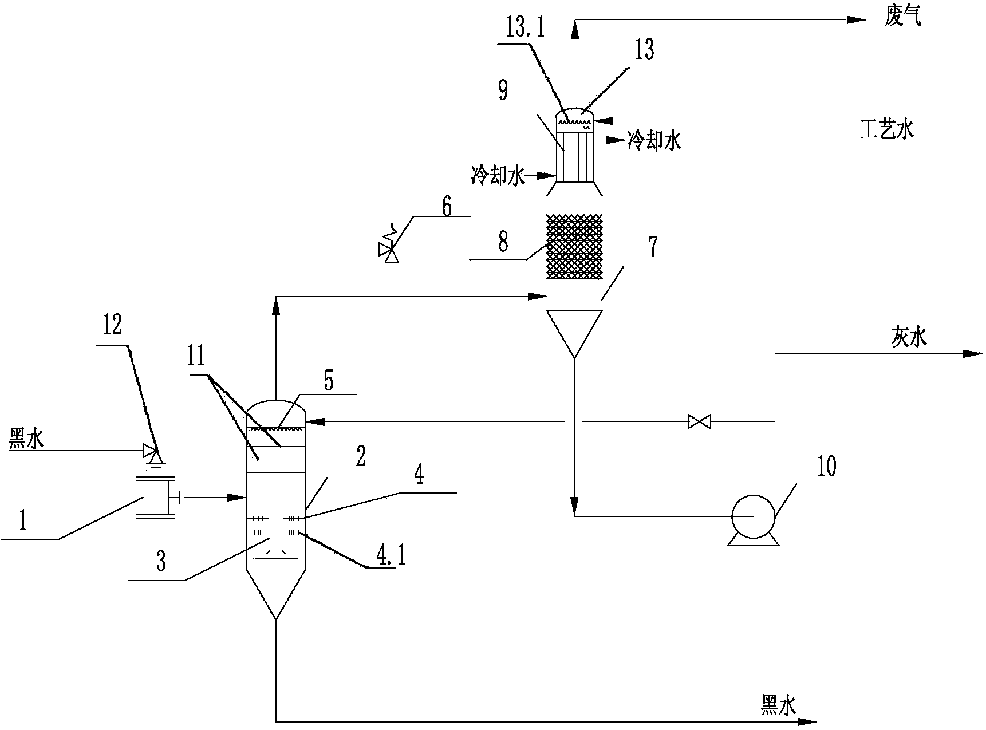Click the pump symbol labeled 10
tap(752, 516)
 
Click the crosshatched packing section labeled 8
tap(574, 247)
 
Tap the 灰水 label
tap(908, 338)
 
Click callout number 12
tap(112, 326)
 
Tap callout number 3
tap(161, 562)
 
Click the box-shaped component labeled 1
tap(155, 498)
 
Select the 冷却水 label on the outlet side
tap(655, 141)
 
